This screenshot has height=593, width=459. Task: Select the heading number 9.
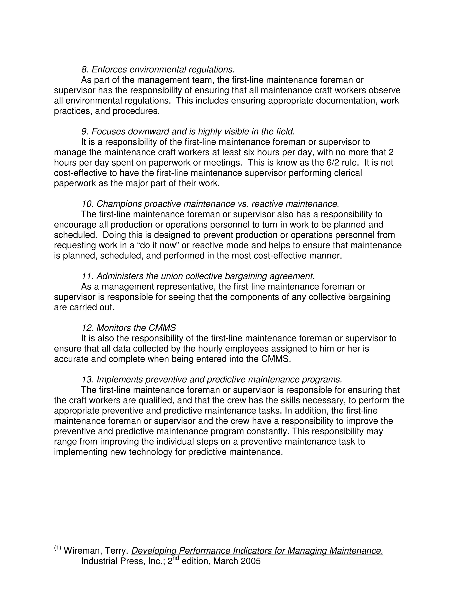click(85, 132)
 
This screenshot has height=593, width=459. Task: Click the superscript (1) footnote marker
click(57, 547)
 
